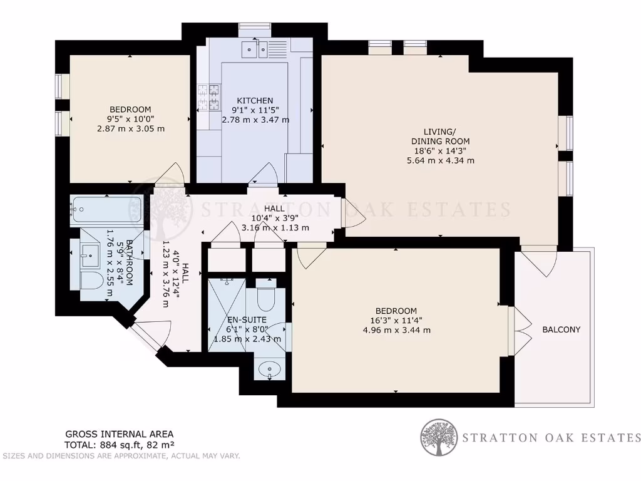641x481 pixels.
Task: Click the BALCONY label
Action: coord(561,329)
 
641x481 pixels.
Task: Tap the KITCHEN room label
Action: coord(255,100)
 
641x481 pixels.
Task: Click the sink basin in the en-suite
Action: coord(270,368)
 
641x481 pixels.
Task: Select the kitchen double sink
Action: coord(256,47)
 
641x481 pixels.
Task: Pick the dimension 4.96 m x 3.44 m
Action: coord(396,330)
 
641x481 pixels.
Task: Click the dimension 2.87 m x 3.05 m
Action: coord(131,129)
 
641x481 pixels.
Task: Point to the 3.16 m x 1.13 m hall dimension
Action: coord(275,227)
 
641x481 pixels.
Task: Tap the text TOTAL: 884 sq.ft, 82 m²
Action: coord(120,445)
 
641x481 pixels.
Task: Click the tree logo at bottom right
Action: coord(438,437)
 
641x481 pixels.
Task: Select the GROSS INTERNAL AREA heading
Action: coord(120,434)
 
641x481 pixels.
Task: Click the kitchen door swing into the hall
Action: coord(263,173)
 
